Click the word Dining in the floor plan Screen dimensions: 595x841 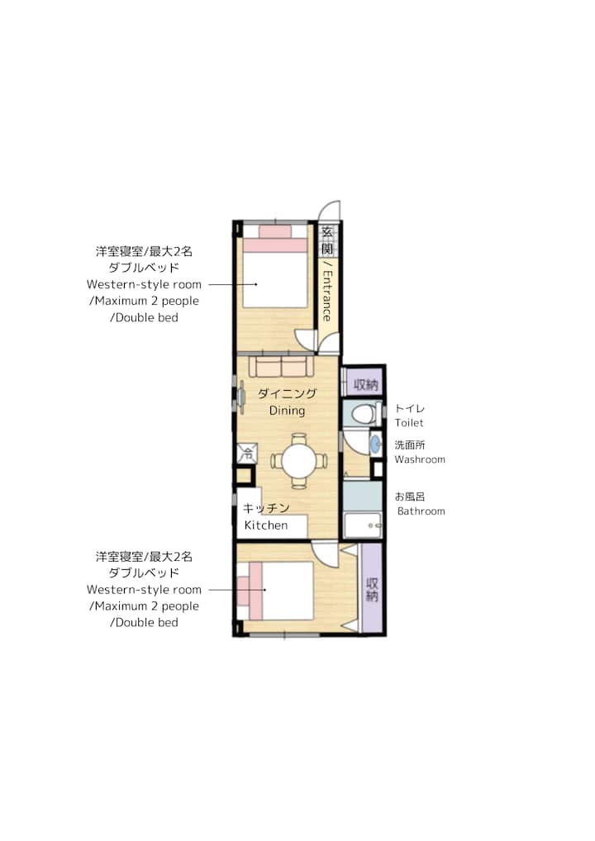tap(287, 411)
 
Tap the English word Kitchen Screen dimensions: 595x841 tap(265, 525)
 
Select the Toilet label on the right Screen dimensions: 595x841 tap(409, 423)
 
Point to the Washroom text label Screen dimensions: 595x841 tap(420, 459)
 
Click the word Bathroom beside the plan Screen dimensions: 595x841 tap(421, 511)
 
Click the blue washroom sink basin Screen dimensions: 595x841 tap(375, 444)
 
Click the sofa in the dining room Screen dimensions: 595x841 tap(281, 367)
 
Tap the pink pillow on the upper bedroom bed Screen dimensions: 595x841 tap(274, 231)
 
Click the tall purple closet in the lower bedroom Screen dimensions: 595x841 tap(372, 588)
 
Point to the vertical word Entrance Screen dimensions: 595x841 tap(326, 295)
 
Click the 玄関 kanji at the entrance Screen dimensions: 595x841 tap(326, 240)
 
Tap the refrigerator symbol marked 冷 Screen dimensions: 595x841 tap(248, 454)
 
